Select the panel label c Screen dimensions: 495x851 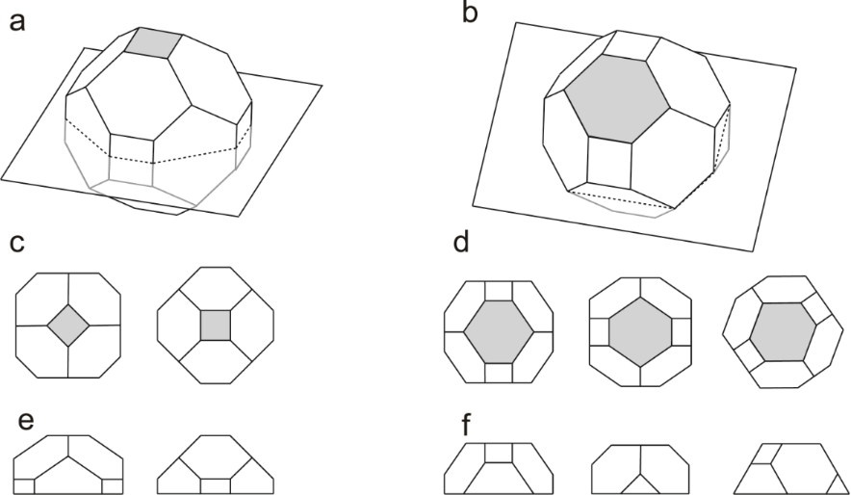16,243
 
